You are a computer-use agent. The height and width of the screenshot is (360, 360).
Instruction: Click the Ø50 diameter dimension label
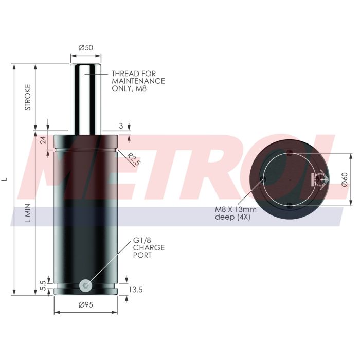pyautogui.click(x=85, y=47)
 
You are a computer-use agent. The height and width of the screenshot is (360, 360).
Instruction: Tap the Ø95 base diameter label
pyautogui.click(x=85, y=305)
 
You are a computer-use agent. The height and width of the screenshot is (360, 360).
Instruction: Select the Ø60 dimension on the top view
pyautogui.click(x=345, y=179)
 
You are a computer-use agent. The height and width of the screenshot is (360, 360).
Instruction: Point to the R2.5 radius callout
pyautogui.click(x=133, y=158)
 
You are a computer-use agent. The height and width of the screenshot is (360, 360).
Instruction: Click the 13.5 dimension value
pyautogui.click(x=135, y=290)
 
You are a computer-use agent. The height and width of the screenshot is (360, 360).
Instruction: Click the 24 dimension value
pyautogui.click(x=43, y=139)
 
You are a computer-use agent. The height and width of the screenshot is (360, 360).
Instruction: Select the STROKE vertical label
pyautogui.click(x=28, y=97)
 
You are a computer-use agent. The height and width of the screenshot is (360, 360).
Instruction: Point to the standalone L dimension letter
pyautogui.click(x=6, y=179)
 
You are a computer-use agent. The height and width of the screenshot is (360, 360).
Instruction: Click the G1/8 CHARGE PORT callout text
pyautogui.click(x=149, y=247)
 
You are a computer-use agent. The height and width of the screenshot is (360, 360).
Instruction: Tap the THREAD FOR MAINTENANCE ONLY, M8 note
pyautogui.click(x=138, y=81)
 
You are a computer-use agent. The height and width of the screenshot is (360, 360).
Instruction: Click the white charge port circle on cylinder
pyautogui.click(x=85, y=284)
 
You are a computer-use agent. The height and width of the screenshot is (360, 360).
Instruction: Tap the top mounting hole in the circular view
pyautogui.click(x=291, y=152)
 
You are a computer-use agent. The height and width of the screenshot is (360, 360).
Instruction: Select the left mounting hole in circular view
pyautogui.click(x=264, y=179)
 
